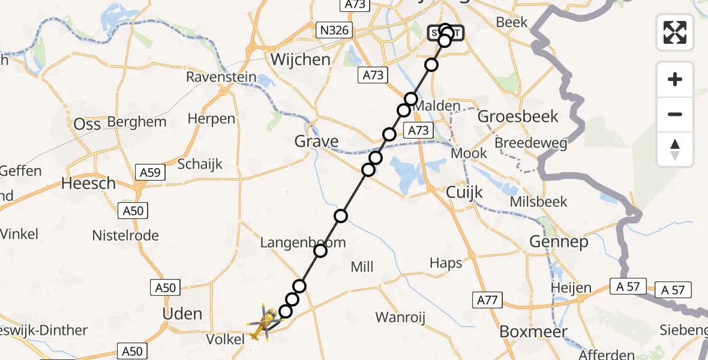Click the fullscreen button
(x=675, y=32)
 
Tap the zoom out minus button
(x=675, y=114)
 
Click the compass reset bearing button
(x=675, y=149)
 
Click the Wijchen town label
(x=301, y=59)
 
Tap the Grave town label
(x=316, y=142)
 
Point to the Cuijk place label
(x=465, y=192)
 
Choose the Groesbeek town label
(x=518, y=116)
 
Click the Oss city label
(x=87, y=124)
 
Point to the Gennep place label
(x=559, y=242)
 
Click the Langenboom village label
(x=294, y=243)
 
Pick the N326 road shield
(x=334, y=29)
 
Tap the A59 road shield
(x=150, y=173)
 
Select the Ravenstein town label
(x=221, y=77)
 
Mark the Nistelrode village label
(x=125, y=235)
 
